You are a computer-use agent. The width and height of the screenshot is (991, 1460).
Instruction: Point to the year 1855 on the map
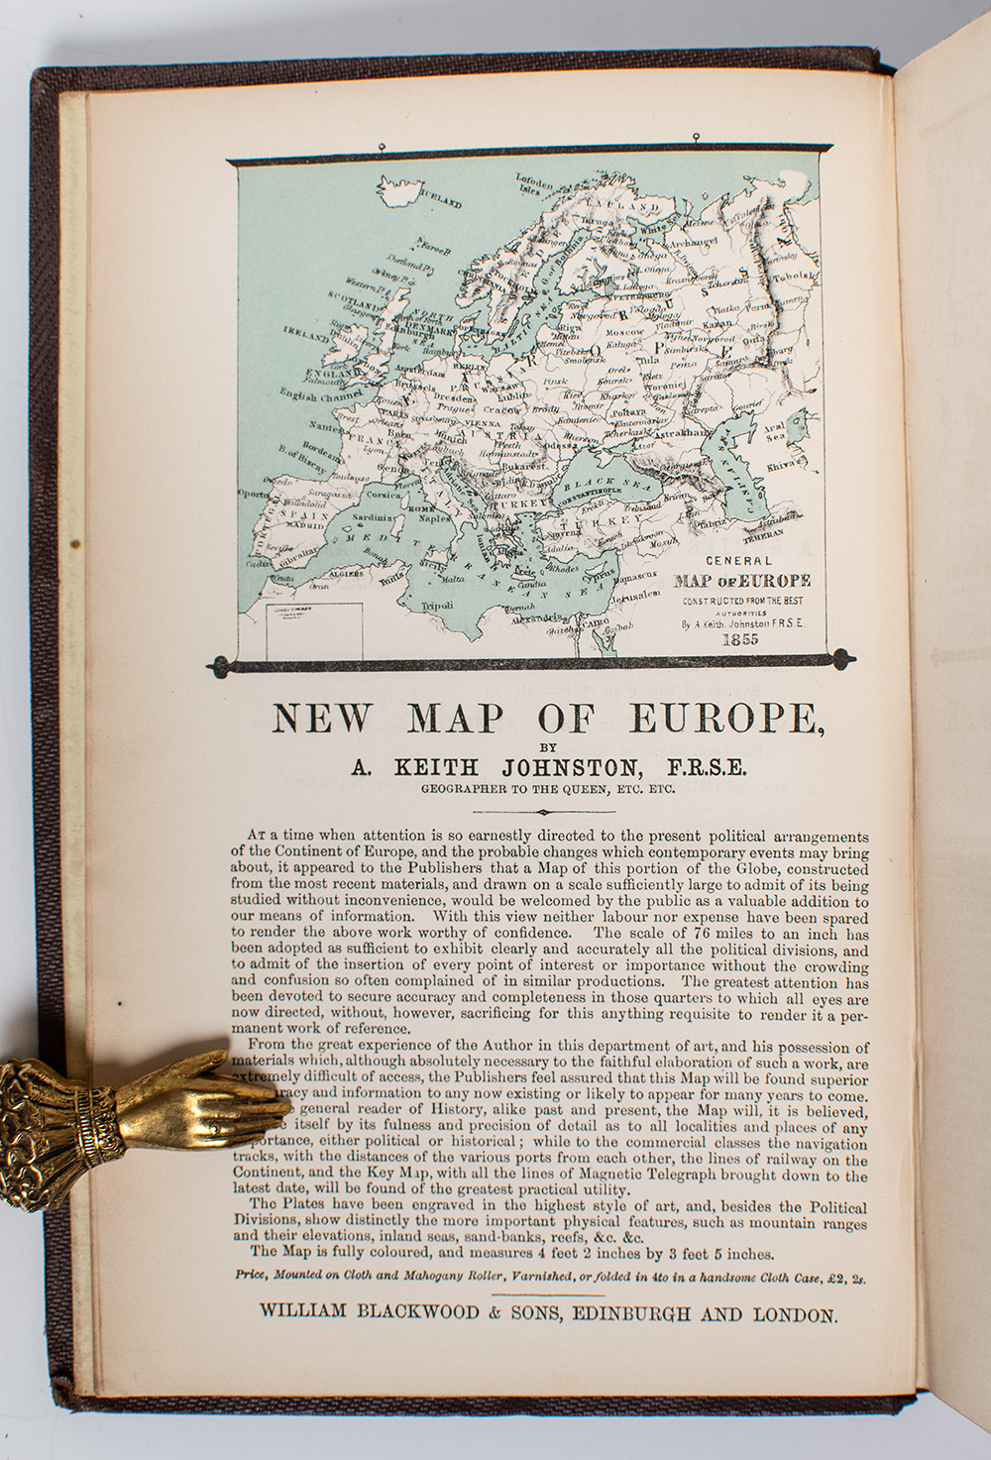click(x=740, y=639)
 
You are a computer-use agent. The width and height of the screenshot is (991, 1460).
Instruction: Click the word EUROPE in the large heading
click(x=734, y=718)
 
